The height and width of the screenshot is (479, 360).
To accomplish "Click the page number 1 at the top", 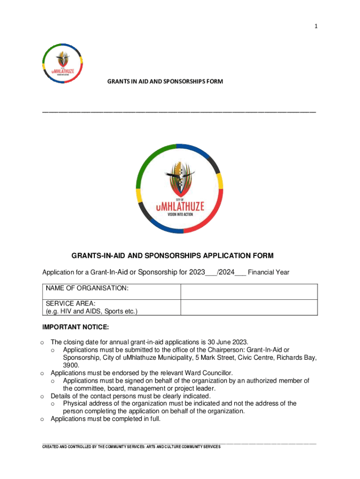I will click(316, 27).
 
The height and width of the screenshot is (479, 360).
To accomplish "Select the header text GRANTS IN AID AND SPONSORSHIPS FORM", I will click(165, 81).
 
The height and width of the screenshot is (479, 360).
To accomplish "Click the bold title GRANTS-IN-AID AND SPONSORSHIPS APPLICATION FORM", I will click(173, 256).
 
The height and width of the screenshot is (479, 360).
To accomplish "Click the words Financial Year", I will click(268, 272).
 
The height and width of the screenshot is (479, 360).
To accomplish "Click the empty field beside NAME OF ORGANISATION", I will click(249, 291).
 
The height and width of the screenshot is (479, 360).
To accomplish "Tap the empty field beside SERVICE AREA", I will click(249, 307).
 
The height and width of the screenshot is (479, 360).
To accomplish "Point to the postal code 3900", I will click(71, 365).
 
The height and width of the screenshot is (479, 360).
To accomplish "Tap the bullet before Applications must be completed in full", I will click(42, 420).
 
